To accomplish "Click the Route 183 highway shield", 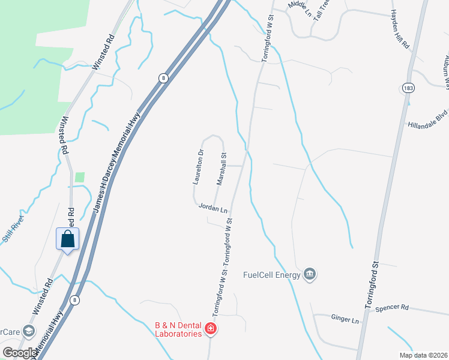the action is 409,88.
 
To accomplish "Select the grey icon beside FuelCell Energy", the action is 310,275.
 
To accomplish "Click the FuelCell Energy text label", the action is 272,275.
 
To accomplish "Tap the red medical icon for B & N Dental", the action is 210,328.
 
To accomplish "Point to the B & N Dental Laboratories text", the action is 177,329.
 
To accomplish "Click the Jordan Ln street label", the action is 214,209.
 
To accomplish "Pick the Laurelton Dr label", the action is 197,166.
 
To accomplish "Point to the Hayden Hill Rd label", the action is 400,29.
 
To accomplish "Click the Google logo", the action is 19,352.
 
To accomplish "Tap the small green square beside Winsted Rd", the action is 80,177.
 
